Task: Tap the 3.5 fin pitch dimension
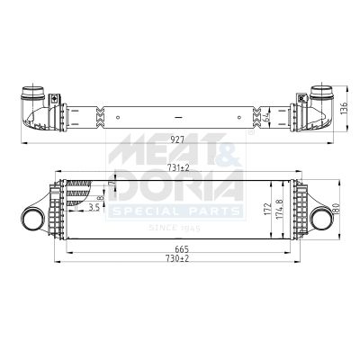(x=94, y=208)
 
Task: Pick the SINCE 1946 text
(x=175, y=229)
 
